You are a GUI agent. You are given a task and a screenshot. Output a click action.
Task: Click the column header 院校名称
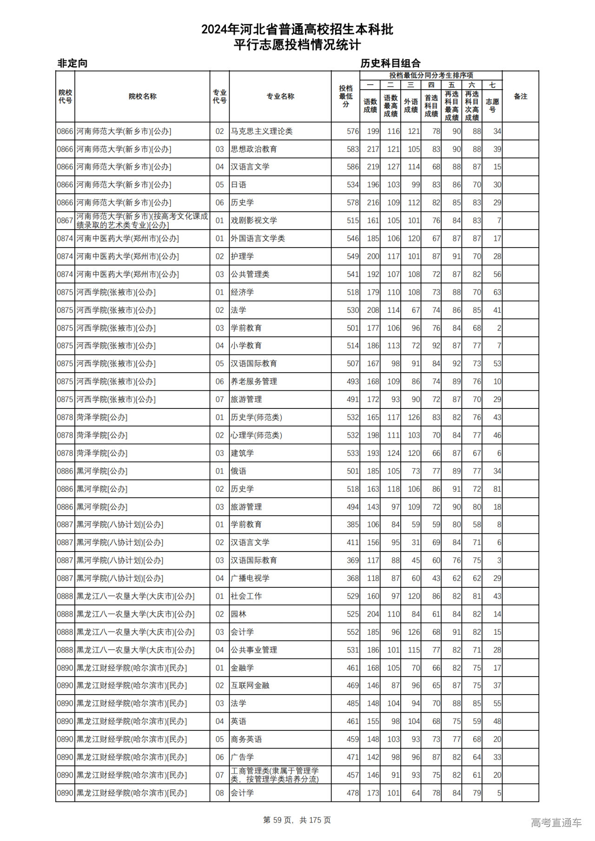(142, 96)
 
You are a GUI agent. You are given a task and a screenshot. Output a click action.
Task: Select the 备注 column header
(520, 96)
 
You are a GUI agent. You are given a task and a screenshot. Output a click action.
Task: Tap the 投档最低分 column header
(345, 96)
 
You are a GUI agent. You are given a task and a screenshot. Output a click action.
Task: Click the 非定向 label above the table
(72, 63)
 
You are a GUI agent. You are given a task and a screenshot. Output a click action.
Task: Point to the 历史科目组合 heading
(390, 63)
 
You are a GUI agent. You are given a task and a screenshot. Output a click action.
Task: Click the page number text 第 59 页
(278, 820)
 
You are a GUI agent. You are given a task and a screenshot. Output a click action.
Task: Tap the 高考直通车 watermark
(556, 822)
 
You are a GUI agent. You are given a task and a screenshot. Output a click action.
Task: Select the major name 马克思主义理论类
(262, 131)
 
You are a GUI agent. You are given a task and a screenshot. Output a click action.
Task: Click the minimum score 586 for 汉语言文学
(352, 167)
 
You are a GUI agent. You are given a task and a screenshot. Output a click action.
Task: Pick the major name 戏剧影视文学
(254, 220)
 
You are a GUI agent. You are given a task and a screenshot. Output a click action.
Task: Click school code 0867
(65, 220)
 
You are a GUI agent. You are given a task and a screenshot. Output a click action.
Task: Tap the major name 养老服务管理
(254, 381)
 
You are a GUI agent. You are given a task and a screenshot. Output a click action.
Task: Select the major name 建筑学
(242, 453)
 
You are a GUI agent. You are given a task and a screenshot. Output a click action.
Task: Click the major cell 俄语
(238, 471)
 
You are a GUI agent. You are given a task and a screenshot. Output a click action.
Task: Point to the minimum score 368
(352, 578)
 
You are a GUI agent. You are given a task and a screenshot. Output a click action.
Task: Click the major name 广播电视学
(250, 578)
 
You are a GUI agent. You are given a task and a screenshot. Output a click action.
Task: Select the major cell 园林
(238, 614)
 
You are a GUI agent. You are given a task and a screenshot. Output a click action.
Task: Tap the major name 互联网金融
(250, 685)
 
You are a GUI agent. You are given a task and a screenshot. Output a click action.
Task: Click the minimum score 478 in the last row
(352, 793)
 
